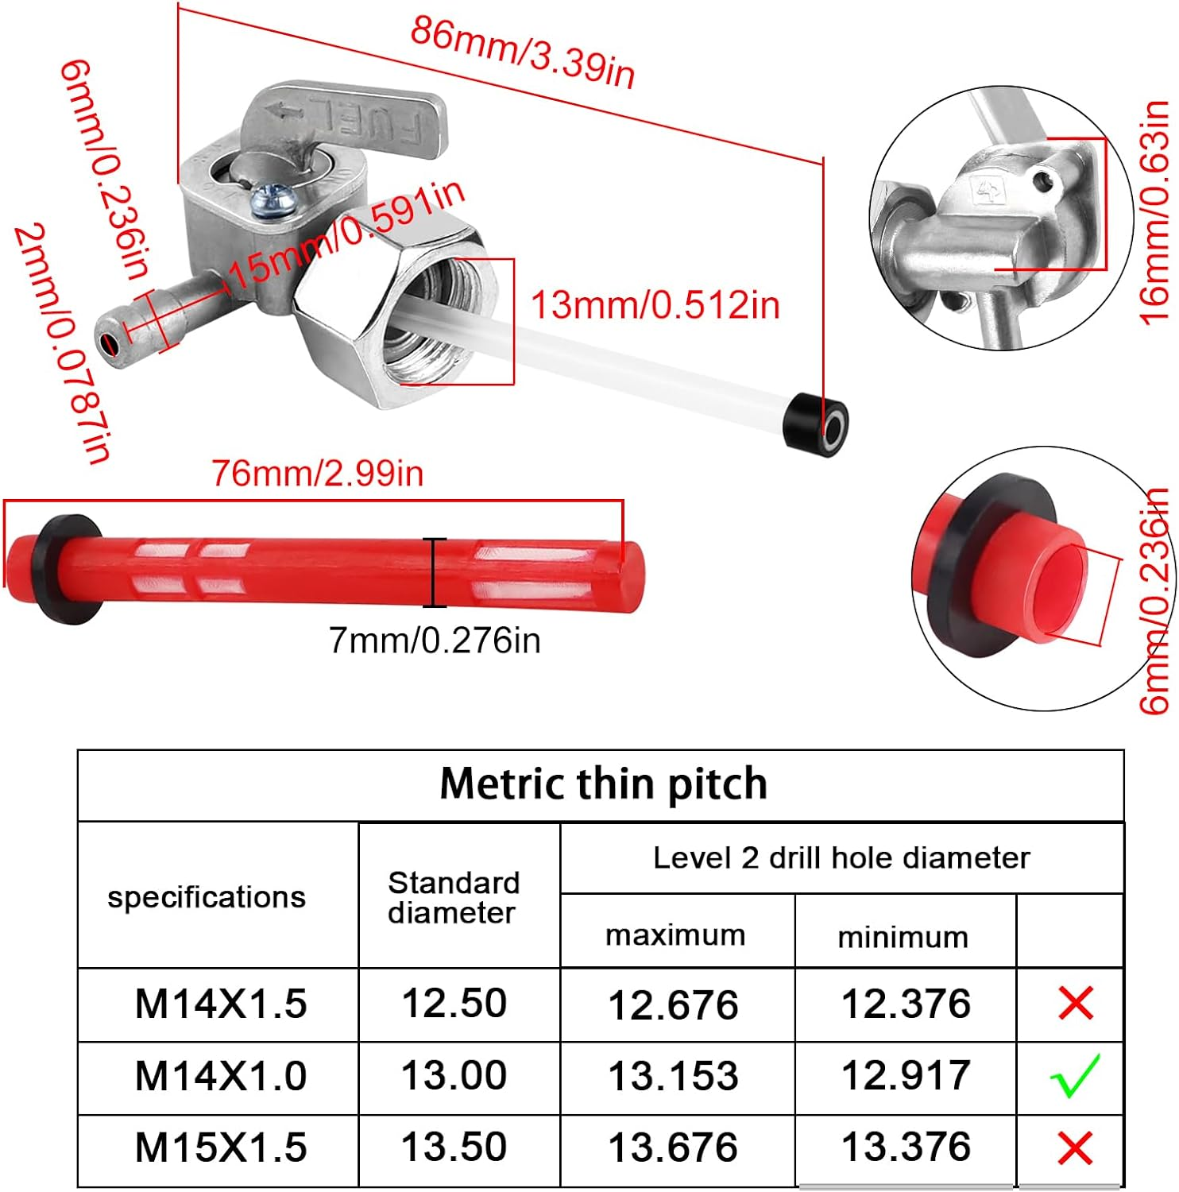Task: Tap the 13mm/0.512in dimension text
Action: tap(655, 305)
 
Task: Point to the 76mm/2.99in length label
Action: tap(318, 473)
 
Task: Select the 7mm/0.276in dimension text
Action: tap(435, 640)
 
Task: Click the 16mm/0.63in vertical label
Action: tap(1155, 212)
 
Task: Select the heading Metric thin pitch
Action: tap(604, 784)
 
